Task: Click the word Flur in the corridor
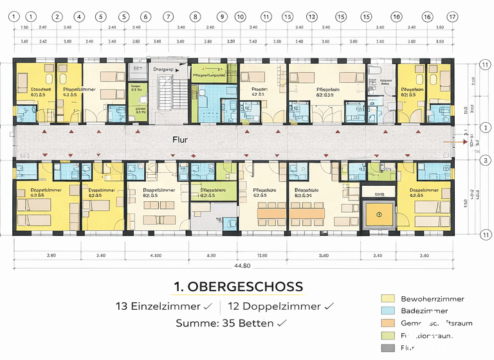[x=179, y=139]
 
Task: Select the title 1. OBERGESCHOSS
[x=238, y=287]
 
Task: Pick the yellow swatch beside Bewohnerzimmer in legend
[x=387, y=299]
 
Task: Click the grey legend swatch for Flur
[x=387, y=348]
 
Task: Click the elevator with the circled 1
[x=379, y=213]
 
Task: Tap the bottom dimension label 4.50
[x=210, y=255]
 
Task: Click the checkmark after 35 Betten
[x=281, y=324]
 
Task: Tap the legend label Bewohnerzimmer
[x=432, y=299]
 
